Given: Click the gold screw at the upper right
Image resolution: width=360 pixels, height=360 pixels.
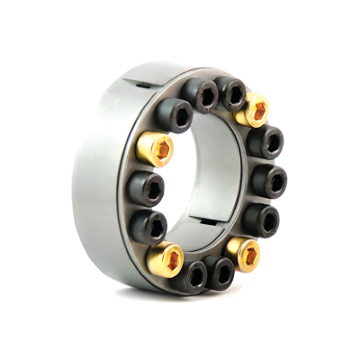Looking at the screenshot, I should (255, 110).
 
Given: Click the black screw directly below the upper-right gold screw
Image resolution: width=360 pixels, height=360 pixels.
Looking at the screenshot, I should (266, 141).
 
